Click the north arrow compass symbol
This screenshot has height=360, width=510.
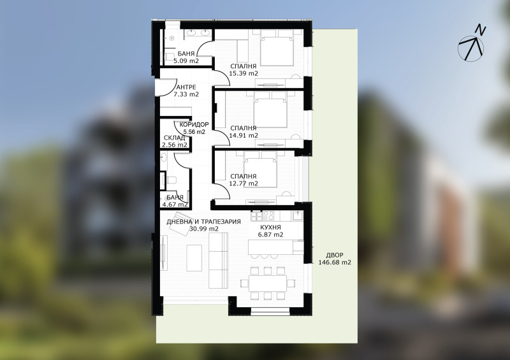471,48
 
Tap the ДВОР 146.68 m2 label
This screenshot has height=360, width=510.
334,259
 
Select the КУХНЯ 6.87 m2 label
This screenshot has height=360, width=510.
270,231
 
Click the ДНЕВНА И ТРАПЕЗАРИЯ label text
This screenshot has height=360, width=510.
203,222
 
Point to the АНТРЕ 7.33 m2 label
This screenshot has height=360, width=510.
186,90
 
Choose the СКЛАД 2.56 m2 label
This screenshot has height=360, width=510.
175,141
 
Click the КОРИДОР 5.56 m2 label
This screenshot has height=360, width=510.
194,128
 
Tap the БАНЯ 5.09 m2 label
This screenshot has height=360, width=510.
186,57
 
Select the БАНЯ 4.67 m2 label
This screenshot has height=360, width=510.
175,201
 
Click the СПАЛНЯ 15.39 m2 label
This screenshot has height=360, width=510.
244,70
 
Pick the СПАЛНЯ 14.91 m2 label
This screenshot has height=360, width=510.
244,132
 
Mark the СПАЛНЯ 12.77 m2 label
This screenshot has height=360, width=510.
244,180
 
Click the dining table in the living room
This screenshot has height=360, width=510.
268,284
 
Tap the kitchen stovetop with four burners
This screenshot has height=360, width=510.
268,215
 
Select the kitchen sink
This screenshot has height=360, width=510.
298,215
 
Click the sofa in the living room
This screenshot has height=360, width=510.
218,261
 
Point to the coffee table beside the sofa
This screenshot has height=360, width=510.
194,258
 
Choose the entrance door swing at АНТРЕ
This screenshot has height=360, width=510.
166,87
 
